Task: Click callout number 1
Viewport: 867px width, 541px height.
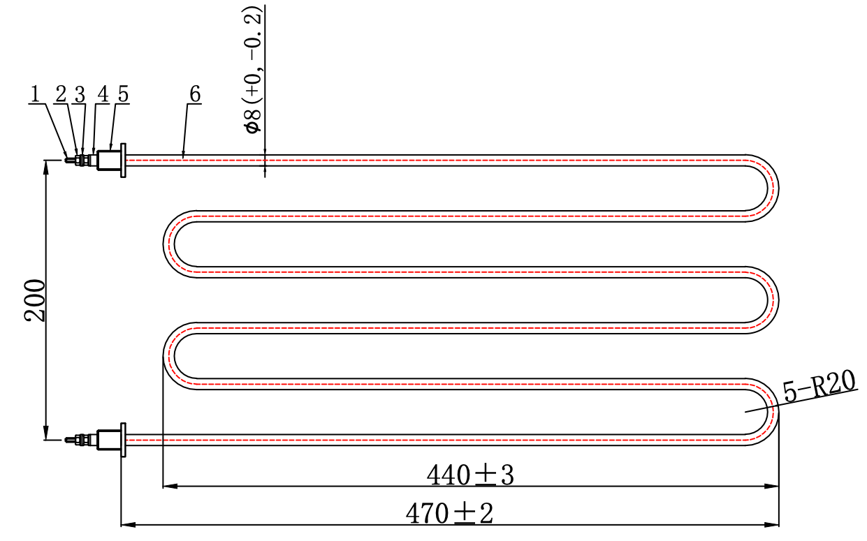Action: (x=35, y=94)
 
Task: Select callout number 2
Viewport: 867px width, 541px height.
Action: (x=61, y=94)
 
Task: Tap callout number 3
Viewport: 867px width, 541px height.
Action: (x=80, y=94)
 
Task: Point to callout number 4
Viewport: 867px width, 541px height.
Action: (x=103, y=94)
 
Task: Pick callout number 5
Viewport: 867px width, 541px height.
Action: (x=123, y=94)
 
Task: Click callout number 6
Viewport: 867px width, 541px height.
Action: (x=195, y=94)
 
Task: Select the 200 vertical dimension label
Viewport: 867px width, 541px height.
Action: (x=35, y=300)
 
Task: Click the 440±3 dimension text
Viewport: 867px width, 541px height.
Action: (x=470, y=475)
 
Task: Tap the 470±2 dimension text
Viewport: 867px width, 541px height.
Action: (x=449, y=513)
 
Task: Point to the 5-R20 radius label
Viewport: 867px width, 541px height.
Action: (x=819, y=385)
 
